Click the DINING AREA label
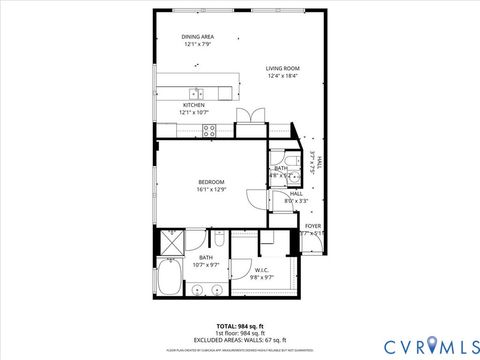[x=198, y=37]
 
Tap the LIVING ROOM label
[x=283, y=68]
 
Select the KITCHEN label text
[x=194, y=105]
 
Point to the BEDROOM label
[x=211, y=181]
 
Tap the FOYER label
[x=313, y=227]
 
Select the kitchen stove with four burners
[x=211, y=128]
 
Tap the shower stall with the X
[x=170, y=241]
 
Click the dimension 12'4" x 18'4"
[x=283, y=76]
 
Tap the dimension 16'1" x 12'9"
[x=211, y=189]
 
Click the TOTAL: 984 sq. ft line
[x=239, y=326]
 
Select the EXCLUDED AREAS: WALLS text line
[x=239, y=339]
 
